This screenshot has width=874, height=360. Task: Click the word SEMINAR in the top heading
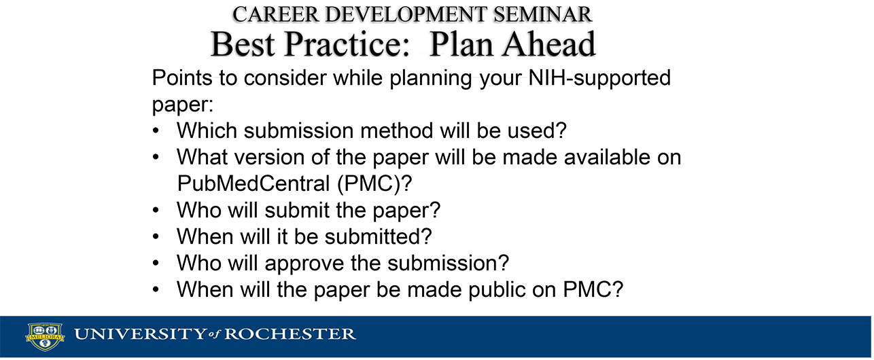coord(543,14)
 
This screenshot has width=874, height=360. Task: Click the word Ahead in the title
coord(548,43)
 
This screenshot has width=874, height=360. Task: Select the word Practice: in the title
coord(347,43)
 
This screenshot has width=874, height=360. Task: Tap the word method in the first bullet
coord(396,130)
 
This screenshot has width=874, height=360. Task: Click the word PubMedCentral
coord(254,183)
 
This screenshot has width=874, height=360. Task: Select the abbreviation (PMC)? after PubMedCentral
coord(374,184)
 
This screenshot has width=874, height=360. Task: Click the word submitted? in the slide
coord(378,236)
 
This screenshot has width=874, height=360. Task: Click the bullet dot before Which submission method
coord(156,131)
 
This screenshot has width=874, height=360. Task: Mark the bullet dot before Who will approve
coord(156,264)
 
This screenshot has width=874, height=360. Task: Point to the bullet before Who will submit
coord(156,211)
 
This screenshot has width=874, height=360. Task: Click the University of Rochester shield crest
coord(45,337)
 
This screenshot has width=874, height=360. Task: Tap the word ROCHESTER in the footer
coord(290,334)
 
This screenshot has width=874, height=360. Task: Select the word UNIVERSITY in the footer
coord(140,334)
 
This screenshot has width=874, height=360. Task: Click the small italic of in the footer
coord(215,335)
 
